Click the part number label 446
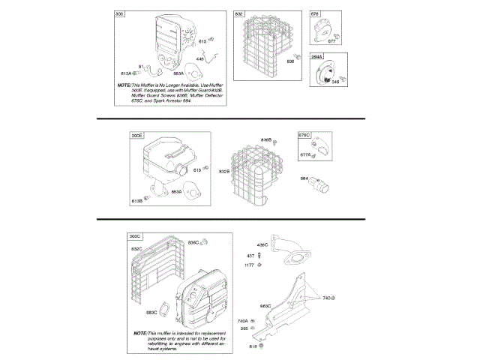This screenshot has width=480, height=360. (200, 58)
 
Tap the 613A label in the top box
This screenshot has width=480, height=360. (126, 73)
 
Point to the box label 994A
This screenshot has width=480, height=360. (317, 57)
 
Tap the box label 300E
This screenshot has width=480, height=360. (136, 136)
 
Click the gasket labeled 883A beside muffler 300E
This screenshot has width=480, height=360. (194, 192)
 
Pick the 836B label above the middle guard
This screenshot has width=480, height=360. (266, 140)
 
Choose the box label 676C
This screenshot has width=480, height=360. (305, 136)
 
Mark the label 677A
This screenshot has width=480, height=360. (306, 155)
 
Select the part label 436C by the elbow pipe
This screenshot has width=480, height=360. (262, 245)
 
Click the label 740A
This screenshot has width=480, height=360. (242, 320)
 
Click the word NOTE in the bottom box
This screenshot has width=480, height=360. (140, 332)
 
